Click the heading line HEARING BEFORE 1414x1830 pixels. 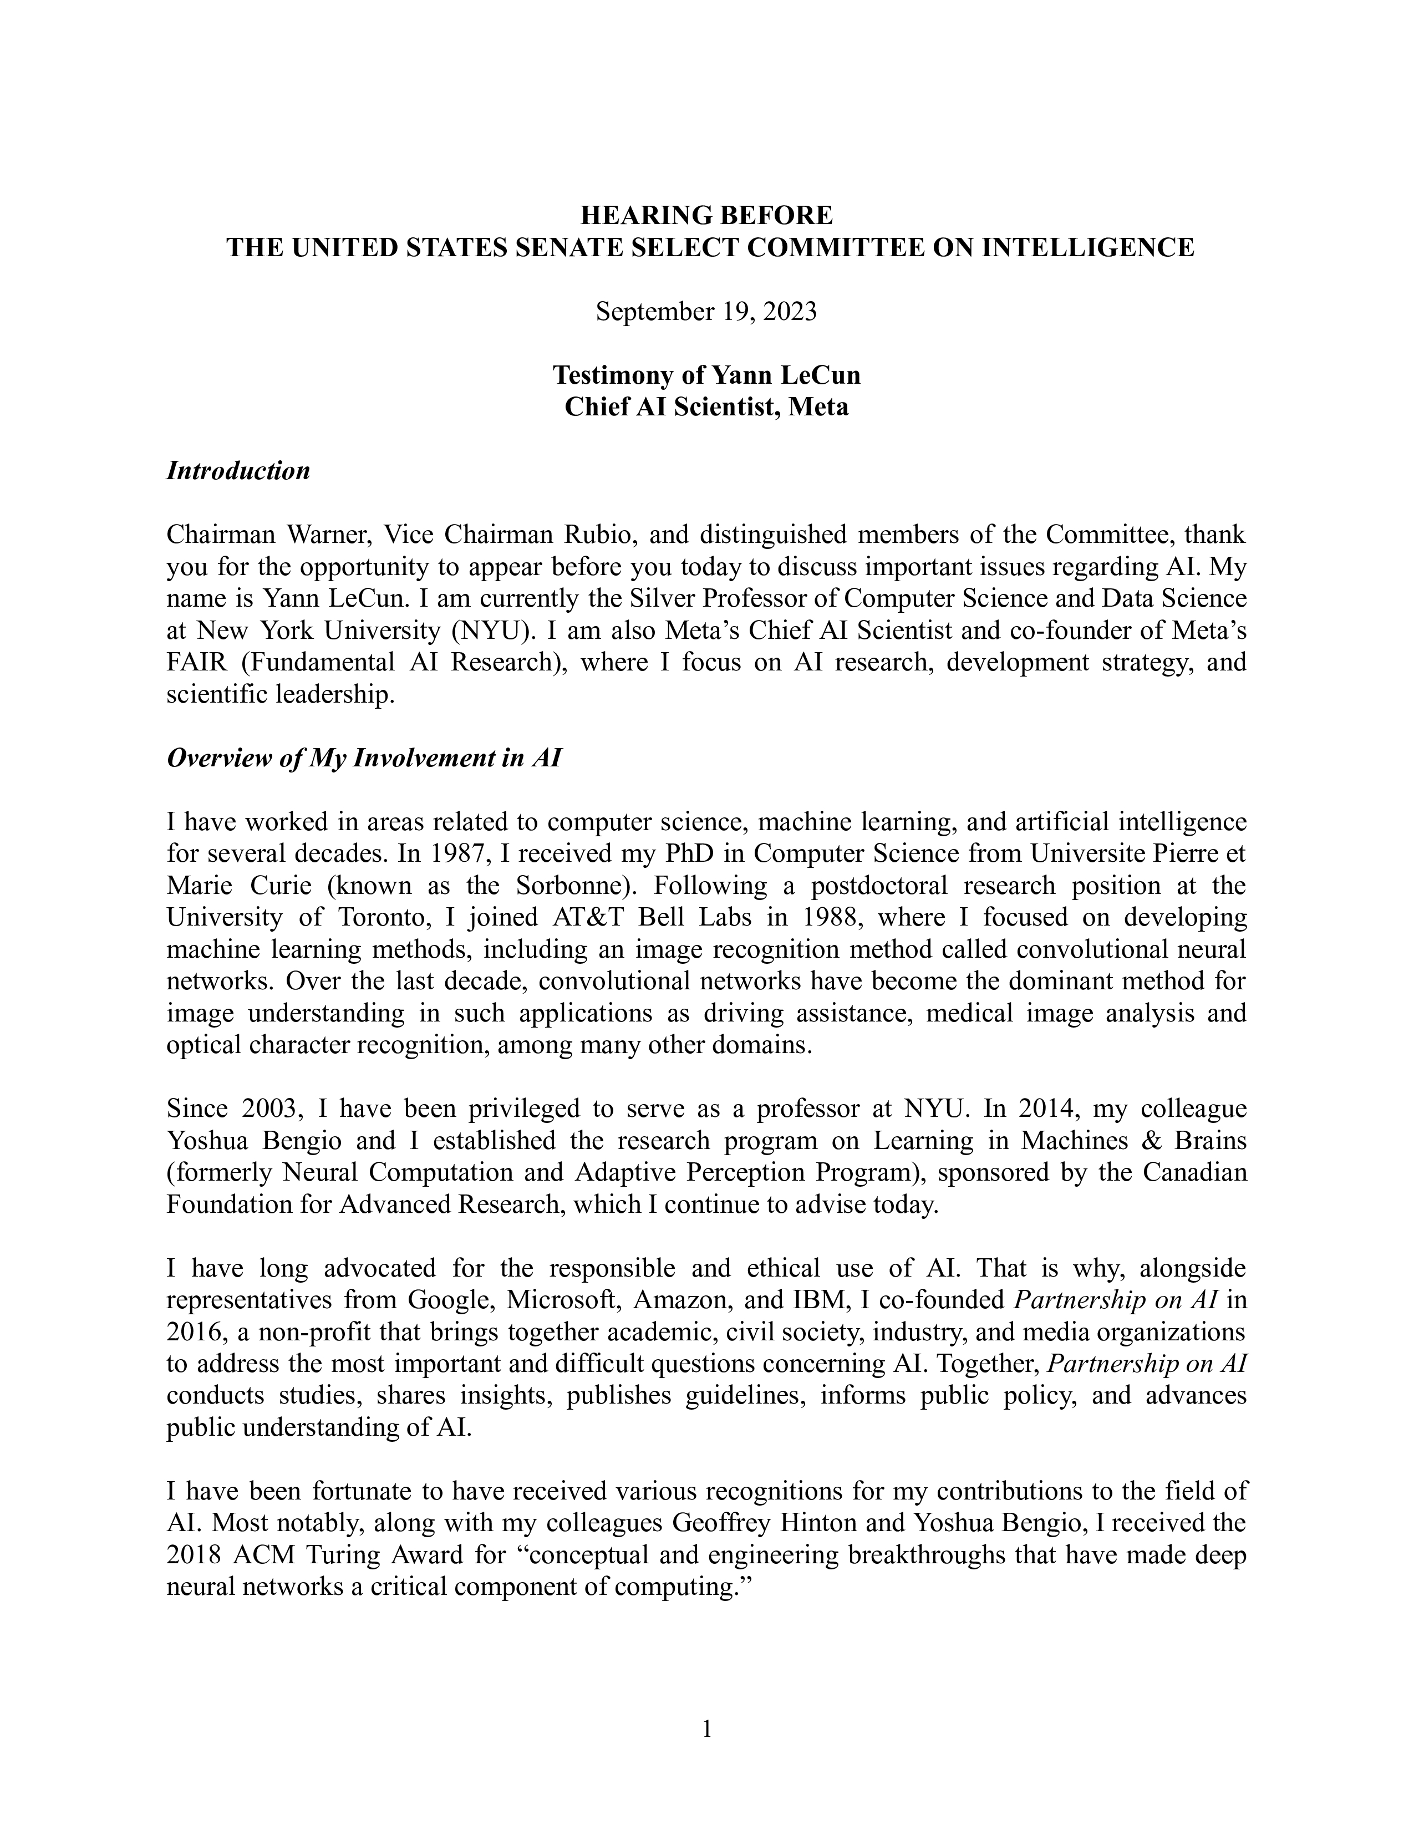706,215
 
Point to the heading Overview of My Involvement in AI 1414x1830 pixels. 364,758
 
